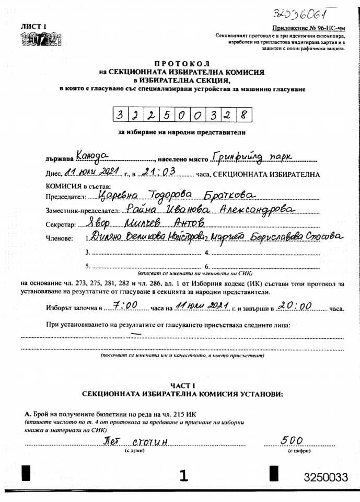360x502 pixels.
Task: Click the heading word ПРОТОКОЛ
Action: point(183,62)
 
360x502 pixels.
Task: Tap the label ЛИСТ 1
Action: point(33,26)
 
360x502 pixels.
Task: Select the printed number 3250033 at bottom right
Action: point(326,477)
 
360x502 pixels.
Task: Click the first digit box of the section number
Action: point(121,113)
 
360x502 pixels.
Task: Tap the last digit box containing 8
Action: point(243,113)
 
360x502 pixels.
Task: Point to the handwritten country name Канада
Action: point(91,155)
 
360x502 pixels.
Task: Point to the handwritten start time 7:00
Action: point(125,304)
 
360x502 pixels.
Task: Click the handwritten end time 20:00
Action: point(295,305)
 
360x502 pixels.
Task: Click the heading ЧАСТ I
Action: point(182,385)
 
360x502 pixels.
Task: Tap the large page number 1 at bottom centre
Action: point(183,475)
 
